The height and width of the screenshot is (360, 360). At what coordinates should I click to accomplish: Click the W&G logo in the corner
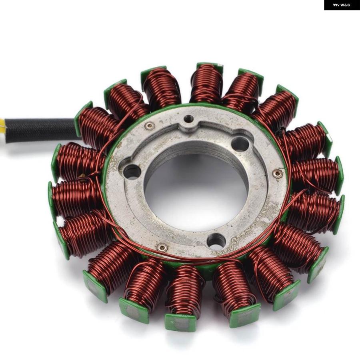click(342, 5)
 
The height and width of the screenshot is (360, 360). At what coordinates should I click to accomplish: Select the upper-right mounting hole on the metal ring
click(240, 144)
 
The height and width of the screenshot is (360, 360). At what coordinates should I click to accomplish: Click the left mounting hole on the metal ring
click(132, 172)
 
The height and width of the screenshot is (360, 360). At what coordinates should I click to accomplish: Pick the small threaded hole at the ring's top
click(188, 119)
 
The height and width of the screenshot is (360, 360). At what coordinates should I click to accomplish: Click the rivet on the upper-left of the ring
click(150, 125)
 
